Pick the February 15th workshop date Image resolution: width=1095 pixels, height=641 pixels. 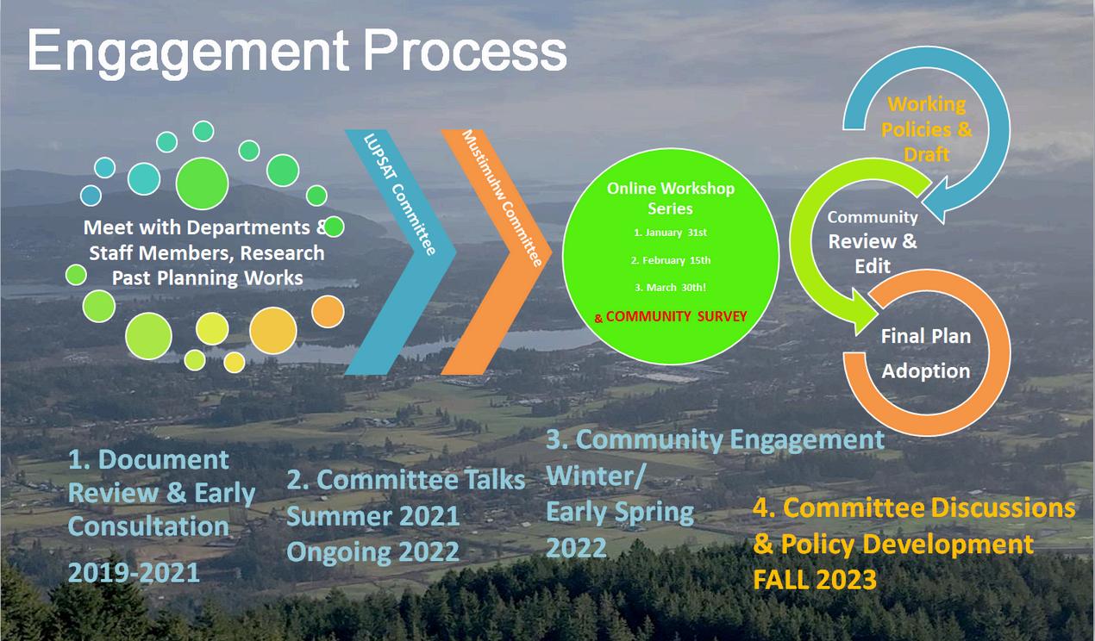pos(670,260)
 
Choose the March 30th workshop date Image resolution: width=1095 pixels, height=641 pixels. pos(670,288)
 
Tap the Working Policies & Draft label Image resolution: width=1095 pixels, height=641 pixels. pos(927,129)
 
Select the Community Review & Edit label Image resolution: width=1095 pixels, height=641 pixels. pos(873,241)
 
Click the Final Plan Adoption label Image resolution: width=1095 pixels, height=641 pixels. pos(926,353)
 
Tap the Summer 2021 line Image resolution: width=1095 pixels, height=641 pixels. pos(372,516)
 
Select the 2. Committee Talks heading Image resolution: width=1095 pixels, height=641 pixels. pos(405,480)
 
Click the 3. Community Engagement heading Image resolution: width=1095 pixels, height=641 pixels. pos(715,439)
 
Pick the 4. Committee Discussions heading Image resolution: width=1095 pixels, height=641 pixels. pos(914,507)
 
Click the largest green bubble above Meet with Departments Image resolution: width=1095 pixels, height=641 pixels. pos(202,184)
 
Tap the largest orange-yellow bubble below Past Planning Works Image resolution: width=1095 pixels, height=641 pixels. pos(272,331)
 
